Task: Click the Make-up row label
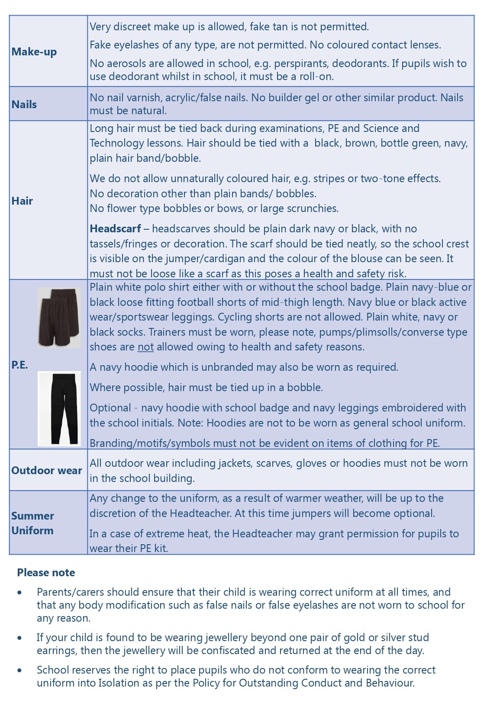pos(34,52)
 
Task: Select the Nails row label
pos(24,104)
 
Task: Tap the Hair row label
pos(22,201)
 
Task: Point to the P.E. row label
pos(19,365)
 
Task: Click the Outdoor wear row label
pos(47,471)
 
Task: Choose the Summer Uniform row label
pos(32,523)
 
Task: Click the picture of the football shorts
pos(59,318)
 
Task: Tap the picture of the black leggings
pos(59,408)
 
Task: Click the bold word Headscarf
pos(115,229)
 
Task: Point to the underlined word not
pos(145,347)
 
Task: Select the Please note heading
pos(46,573)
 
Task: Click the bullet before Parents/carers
pos(20,592)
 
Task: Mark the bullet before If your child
pos(20,638)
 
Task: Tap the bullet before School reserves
pos(20,670)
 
